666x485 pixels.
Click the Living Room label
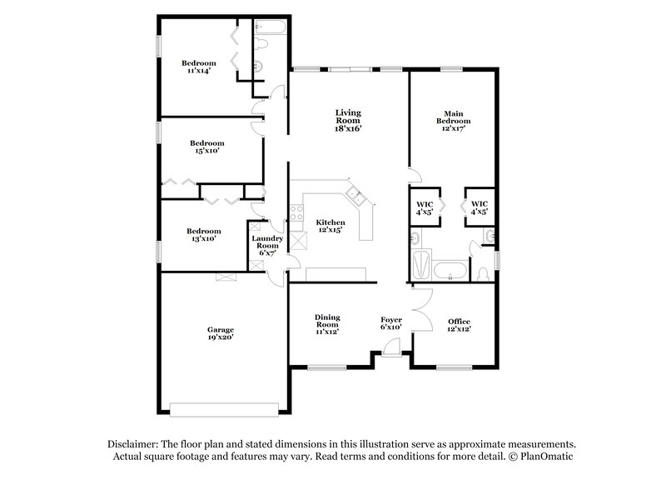click(348, 120)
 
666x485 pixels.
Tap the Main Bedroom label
click(454, 120)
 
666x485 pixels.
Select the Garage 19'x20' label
click(221, 333)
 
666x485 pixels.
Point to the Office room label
click(459, 325)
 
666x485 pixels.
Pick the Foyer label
click(391, 323)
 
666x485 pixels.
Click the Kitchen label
click(331, 226)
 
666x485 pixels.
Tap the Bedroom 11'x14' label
click(200, 67)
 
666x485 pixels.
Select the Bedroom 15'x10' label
click(206, 147)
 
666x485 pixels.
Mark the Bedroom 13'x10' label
click(203, 235)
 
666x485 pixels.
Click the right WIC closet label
click(480, 207)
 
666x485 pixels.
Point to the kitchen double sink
click(355, 197)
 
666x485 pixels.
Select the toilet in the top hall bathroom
click(261, 39)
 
